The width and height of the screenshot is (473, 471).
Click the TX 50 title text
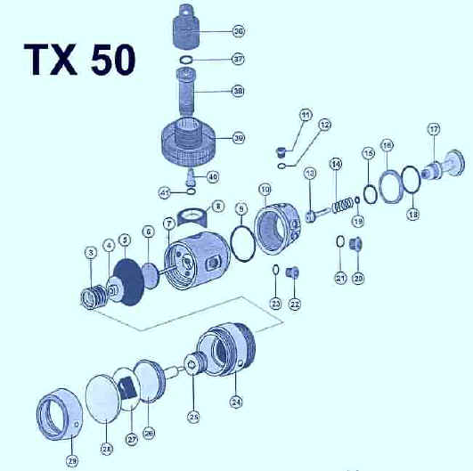[x=79, y=59]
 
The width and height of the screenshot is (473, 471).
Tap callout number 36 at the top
[x=239, y=31]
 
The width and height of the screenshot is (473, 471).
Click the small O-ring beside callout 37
[x=187, y=60]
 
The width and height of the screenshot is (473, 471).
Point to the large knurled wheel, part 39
[x=188, y=141]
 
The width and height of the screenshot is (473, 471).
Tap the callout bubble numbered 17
[x=434, y=129]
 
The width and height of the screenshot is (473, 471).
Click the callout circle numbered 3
[x=90, y=252]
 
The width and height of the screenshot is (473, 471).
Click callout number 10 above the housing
[x=265, y=189]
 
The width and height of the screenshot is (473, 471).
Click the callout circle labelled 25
[x=194, y=415]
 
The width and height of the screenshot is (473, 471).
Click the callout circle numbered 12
[x=325, y=126]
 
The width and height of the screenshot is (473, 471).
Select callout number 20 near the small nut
[x=359, y=279]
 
